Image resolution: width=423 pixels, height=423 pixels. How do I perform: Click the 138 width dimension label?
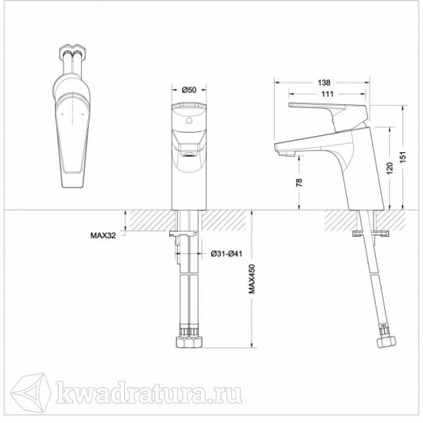click(324, 83)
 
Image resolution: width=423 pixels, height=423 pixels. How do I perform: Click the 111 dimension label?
click(328, 94)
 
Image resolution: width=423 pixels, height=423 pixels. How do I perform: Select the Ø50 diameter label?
click(189, 90)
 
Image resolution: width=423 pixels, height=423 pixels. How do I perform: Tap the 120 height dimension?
click(390, 168)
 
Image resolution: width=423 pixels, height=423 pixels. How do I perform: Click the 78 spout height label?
click(299, 182)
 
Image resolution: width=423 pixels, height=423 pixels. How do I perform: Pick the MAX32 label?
click(103, 236)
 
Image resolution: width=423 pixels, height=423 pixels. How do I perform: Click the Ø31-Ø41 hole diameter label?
click(227, 254)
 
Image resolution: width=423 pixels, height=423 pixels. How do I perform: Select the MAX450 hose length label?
click(251, 279)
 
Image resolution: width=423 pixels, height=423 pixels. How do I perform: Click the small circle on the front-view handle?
click(189, 121)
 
